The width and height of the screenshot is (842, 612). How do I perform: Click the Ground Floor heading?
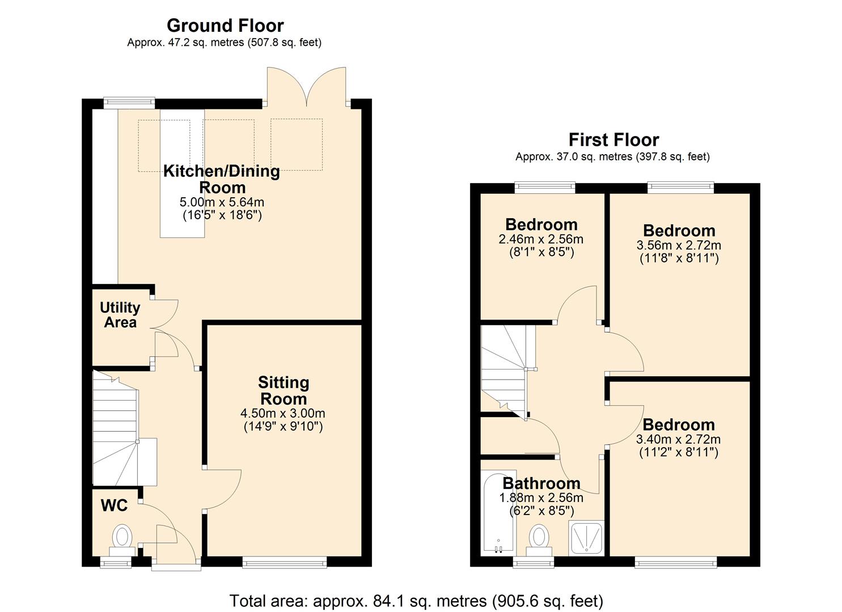point(225,25)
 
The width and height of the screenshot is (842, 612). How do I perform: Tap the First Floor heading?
point(613,139)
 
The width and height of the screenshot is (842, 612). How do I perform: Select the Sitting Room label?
point(284,390)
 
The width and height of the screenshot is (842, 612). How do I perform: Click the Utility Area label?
point(120,315)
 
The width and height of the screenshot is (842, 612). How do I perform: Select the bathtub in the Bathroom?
point(498,513)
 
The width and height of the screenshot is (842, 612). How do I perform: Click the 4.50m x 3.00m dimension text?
point(283,414)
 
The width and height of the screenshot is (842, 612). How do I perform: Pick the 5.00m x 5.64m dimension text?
point(222,202)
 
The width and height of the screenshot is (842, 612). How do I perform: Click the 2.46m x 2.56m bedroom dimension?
point(541,239)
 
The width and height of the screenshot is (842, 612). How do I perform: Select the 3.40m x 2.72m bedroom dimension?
point(679,440)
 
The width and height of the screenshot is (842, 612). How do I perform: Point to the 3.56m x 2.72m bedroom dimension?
point(679,245)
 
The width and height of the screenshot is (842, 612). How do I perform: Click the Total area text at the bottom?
point(416,601)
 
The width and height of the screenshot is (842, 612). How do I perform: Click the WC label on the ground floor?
point(114,505)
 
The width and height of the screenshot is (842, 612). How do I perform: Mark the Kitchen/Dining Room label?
point(222,179)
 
